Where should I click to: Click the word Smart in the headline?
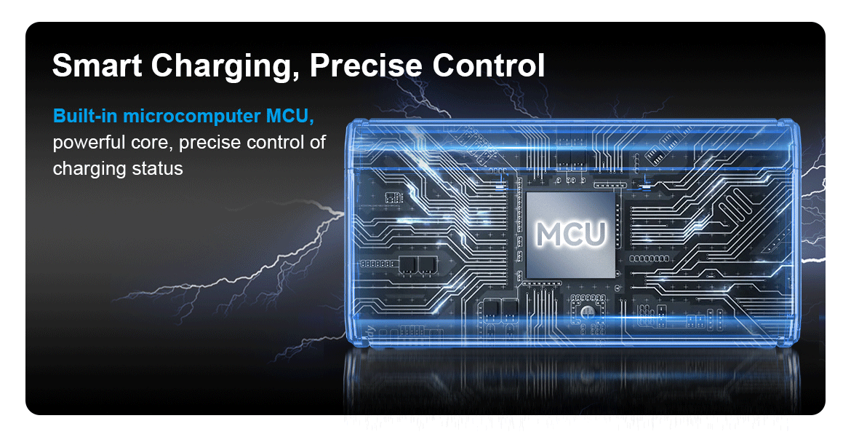[x=97, y=66]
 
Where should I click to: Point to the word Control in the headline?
[x=488, y=66]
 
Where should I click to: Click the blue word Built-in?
[x=84, y=117]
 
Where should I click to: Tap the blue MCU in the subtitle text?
[x=291, y=117]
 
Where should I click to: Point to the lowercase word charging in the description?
[x=87, y=169]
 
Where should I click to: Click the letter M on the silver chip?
[x=549, y=234]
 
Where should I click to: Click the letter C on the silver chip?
[x=572, y=234]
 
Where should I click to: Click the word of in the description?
[x=318, y=143]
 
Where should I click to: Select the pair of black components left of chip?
[x=418, y=264]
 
